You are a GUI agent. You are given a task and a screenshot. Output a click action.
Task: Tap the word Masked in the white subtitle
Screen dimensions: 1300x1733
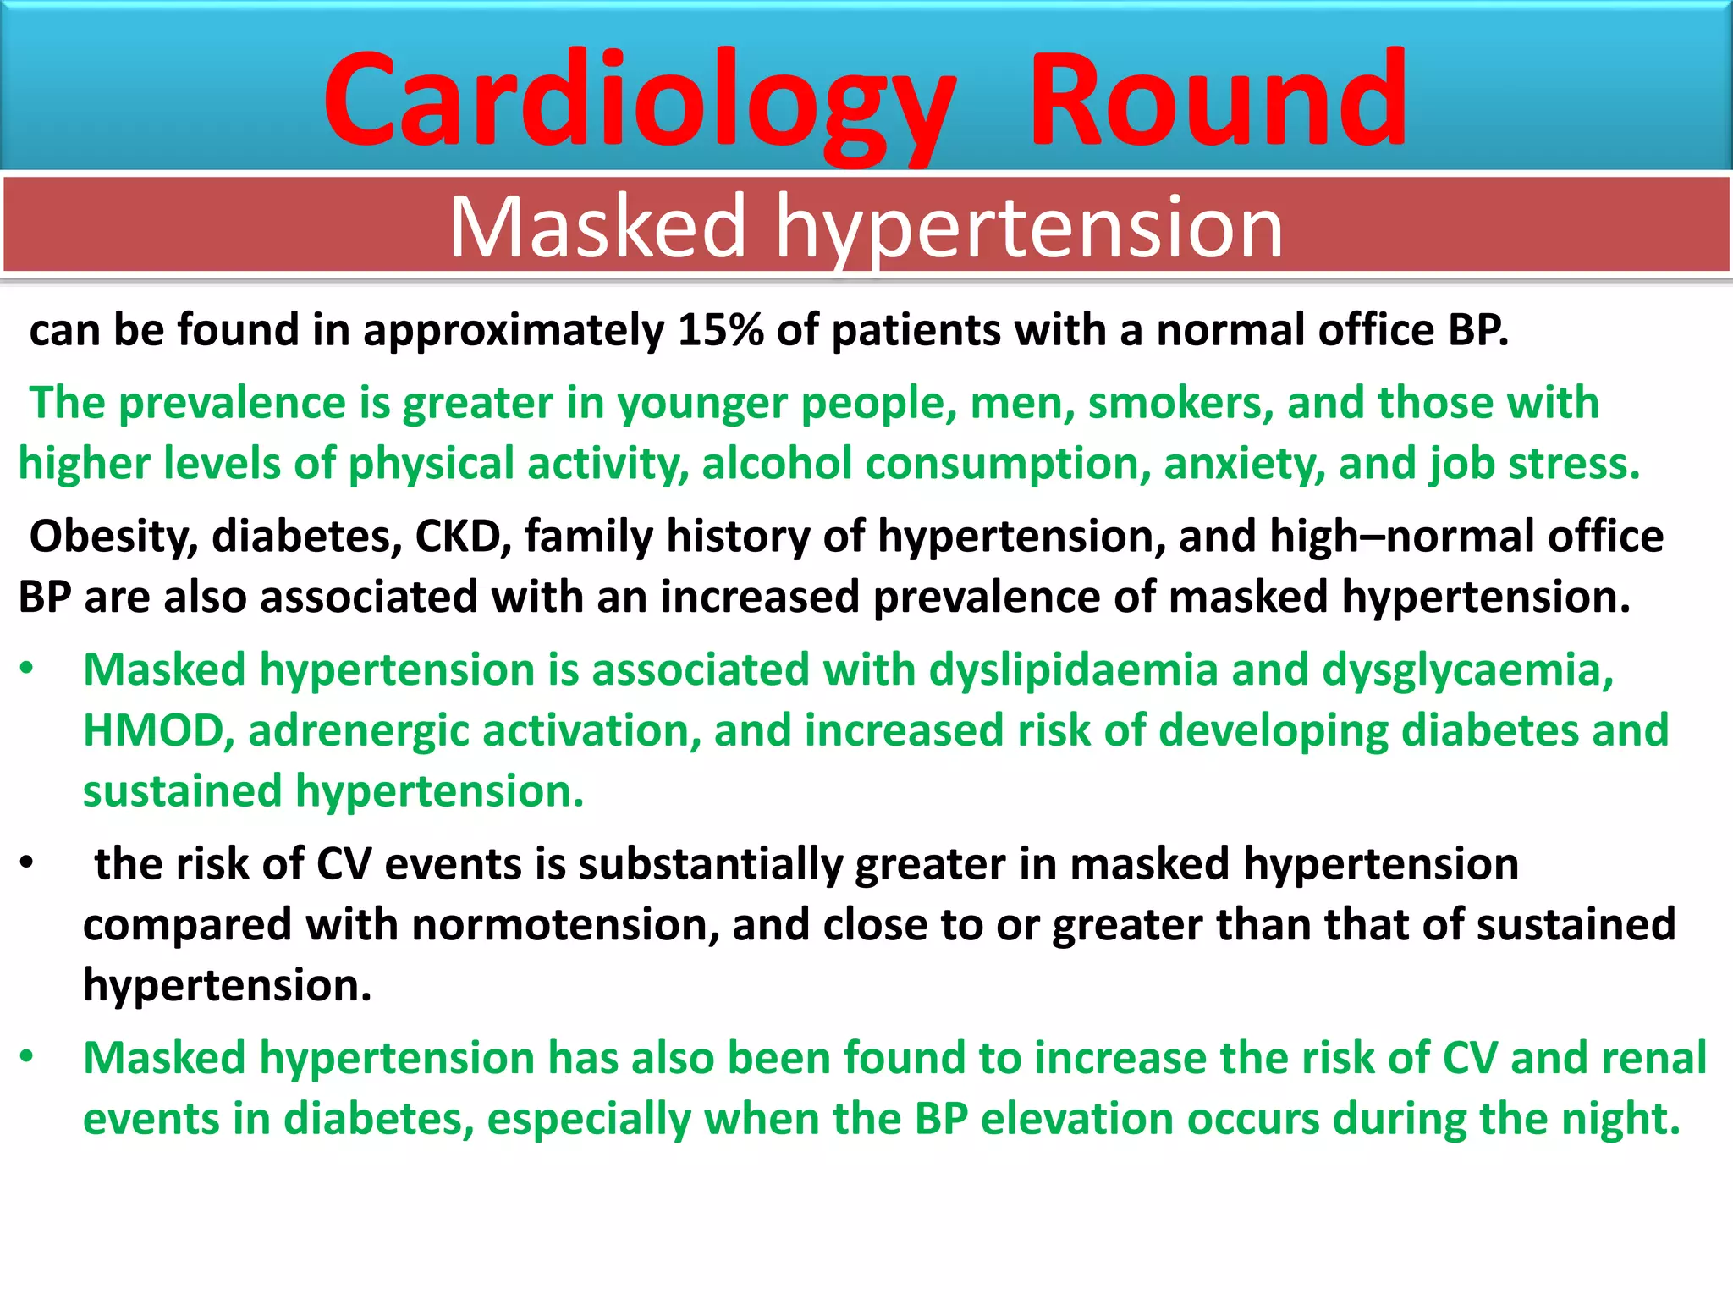597,227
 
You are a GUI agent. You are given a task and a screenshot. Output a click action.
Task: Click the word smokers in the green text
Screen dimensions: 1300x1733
1180,403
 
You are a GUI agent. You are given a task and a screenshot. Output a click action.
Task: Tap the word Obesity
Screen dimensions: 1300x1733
113,537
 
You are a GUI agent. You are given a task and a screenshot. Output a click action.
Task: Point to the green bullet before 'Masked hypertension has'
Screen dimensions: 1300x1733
27,1057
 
